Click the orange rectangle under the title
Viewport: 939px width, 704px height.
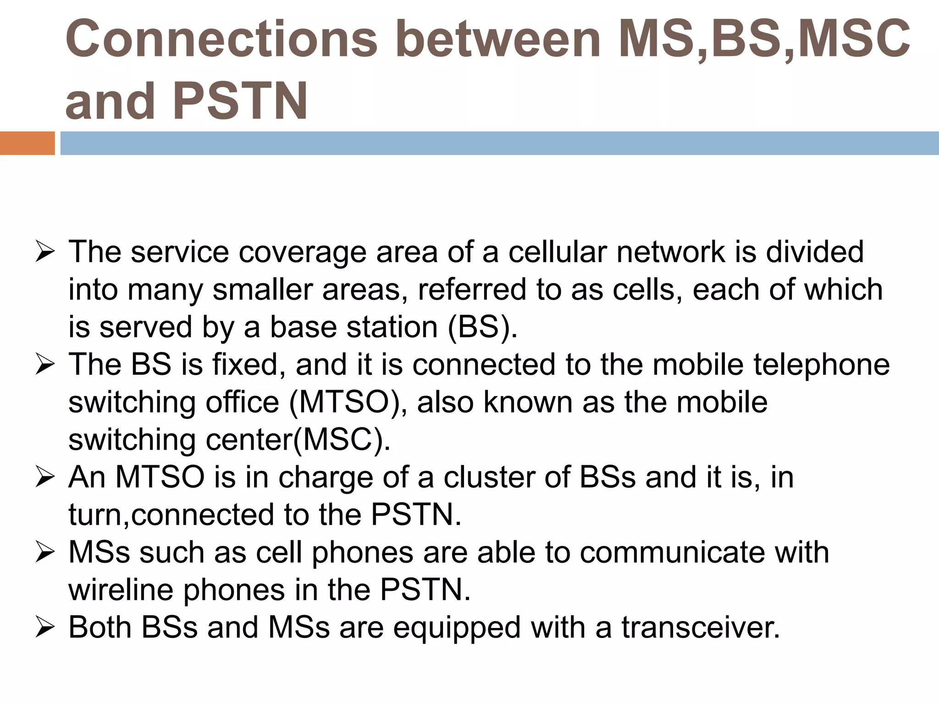coord(27,143)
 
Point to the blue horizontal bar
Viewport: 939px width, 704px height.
coord(499,143)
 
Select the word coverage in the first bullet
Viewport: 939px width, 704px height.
coord(302,253)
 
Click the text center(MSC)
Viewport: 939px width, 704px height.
coord(298,440)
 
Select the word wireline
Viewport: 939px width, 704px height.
coord(121,590)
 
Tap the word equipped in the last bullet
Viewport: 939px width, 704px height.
coord(457,628)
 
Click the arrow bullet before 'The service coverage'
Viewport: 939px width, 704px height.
coord(45,253)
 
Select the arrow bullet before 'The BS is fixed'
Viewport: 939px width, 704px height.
coord(45,365)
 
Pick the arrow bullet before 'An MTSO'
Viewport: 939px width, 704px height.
coord(45,478)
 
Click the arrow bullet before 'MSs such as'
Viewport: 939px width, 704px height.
coord(45,553)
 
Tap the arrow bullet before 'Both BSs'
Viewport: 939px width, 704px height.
coord(45,628)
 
